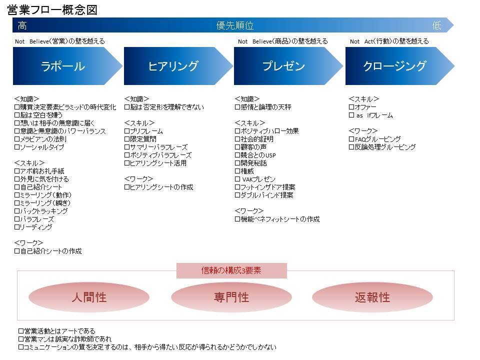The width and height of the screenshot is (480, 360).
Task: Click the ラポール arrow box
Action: pos(67,66)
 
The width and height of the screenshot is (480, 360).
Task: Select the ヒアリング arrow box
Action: pos(178,66)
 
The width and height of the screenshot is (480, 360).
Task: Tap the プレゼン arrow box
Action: pos(288,66)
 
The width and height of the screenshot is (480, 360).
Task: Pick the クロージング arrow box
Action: pos(400,66)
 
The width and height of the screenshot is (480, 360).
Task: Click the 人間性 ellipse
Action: pos(89,297)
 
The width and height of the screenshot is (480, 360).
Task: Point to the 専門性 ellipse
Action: pos(231,297)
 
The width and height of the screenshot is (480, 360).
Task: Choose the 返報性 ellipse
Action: pos(372,297)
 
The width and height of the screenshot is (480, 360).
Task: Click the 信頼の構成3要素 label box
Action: pos(231,270)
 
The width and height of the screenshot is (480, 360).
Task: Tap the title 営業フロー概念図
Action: pos(52,10)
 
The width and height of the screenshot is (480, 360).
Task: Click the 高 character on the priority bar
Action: pos(22,25)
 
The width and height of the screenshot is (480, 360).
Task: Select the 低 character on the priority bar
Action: pos(437,25)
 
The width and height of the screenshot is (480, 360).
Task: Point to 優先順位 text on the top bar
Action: pos(235,25)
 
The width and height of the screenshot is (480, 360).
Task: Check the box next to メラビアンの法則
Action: pos(17,139)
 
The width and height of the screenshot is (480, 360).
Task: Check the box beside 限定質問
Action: pos(127,139)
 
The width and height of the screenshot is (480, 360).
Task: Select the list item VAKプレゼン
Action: pos(255,179)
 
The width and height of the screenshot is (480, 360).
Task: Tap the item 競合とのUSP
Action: pos(255,155)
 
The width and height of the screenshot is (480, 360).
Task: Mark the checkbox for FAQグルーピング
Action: pos(351,139)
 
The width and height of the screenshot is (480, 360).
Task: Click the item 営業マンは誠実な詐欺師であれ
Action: pos(65,339)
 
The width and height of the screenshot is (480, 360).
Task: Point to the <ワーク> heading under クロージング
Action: pos(363,131)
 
